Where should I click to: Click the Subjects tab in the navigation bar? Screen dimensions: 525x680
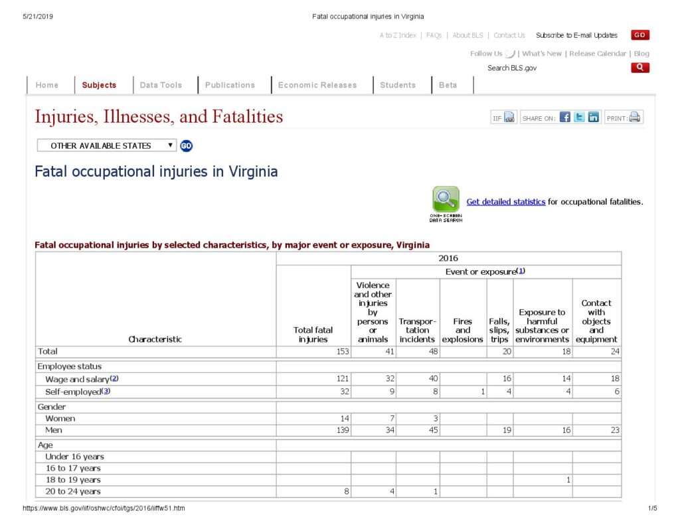click(99, 85)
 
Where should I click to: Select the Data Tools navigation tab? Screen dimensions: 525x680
click(161, 85)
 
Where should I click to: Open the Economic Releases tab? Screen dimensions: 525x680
click(317, 85)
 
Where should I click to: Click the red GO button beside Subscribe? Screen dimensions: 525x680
click(640, 35)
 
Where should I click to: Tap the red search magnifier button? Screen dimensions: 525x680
click(640, 68)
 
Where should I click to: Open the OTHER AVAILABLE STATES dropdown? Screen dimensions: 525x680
click(107, 145)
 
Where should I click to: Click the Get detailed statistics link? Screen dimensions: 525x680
click(505, 202)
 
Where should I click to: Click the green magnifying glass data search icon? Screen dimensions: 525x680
click(446, 199)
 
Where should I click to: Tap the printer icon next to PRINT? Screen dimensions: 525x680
click(635, 117)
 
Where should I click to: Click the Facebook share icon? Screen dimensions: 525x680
click(565, 117)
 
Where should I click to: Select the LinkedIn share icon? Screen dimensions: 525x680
click(594, 117)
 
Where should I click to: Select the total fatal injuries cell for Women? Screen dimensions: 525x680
click(313, 419)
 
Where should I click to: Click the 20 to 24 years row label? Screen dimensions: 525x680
click(73, 492)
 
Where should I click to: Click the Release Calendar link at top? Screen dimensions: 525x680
click(598, 54)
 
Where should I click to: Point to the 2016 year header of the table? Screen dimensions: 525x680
click(448, 258)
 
